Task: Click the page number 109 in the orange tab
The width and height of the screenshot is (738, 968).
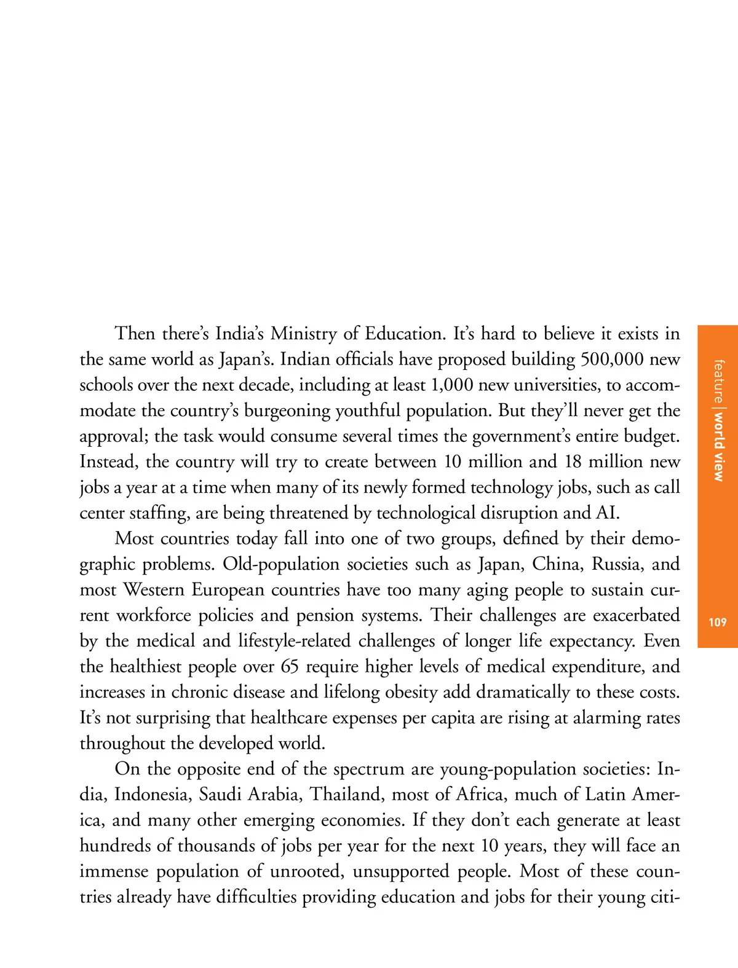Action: point(717,623)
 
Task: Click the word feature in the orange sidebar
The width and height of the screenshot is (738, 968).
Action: point(718,381)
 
